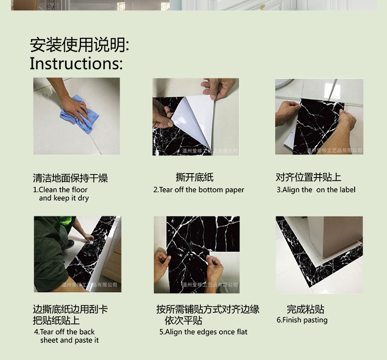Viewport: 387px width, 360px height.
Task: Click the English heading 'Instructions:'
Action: (x=76, y=63)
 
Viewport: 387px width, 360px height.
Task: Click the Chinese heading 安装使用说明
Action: (x=79, y=45)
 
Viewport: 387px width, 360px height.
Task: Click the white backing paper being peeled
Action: (x=193, y=118)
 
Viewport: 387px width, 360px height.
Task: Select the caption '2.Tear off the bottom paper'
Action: (x=198, y=190)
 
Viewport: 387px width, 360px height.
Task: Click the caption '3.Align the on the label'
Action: (x=315, y=190)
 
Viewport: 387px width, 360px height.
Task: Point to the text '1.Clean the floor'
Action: (x=60, y=190)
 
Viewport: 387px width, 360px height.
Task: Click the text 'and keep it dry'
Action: (x=64, y=198)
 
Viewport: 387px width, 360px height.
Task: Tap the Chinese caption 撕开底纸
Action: (x=194, y=178)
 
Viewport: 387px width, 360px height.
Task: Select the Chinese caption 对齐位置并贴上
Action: (x=308, y=178)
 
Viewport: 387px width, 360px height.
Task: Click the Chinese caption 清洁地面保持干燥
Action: (x=70, y=178)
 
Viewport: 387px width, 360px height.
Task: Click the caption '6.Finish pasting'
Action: (x=302, y=320)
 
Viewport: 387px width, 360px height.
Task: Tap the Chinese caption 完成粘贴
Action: (x=305, y=309)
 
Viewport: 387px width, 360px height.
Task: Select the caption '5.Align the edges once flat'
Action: (x=203, y=332)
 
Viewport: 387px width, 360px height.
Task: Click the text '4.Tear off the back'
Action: (x=64, y=332)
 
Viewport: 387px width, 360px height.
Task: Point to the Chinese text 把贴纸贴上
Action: (x=56, y=321)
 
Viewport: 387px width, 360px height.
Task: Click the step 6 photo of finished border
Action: (x=319, y=255)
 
